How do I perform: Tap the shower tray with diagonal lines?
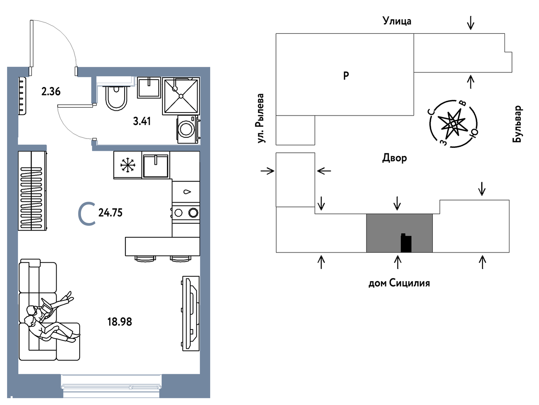tap(181, 96)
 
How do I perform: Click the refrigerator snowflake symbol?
tap(128, 165)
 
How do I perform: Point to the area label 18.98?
tap(120, 322)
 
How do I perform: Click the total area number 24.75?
tap(110, 213)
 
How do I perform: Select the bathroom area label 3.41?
tap(142, 121)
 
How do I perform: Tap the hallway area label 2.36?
tap(51, 91)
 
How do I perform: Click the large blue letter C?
tap(87, 214)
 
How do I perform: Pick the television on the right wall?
tap(190, 313)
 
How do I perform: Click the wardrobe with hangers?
tap(32, 190)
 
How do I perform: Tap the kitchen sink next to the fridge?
tap(156, 165)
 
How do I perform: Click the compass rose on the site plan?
tap(453, 123)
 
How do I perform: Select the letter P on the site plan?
tap(346, 75)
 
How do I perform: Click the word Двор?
tap(394, 158)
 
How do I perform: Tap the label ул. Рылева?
tap(260, 118)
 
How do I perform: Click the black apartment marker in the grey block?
tap(406, 243)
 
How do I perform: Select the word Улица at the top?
tap(397, 21)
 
